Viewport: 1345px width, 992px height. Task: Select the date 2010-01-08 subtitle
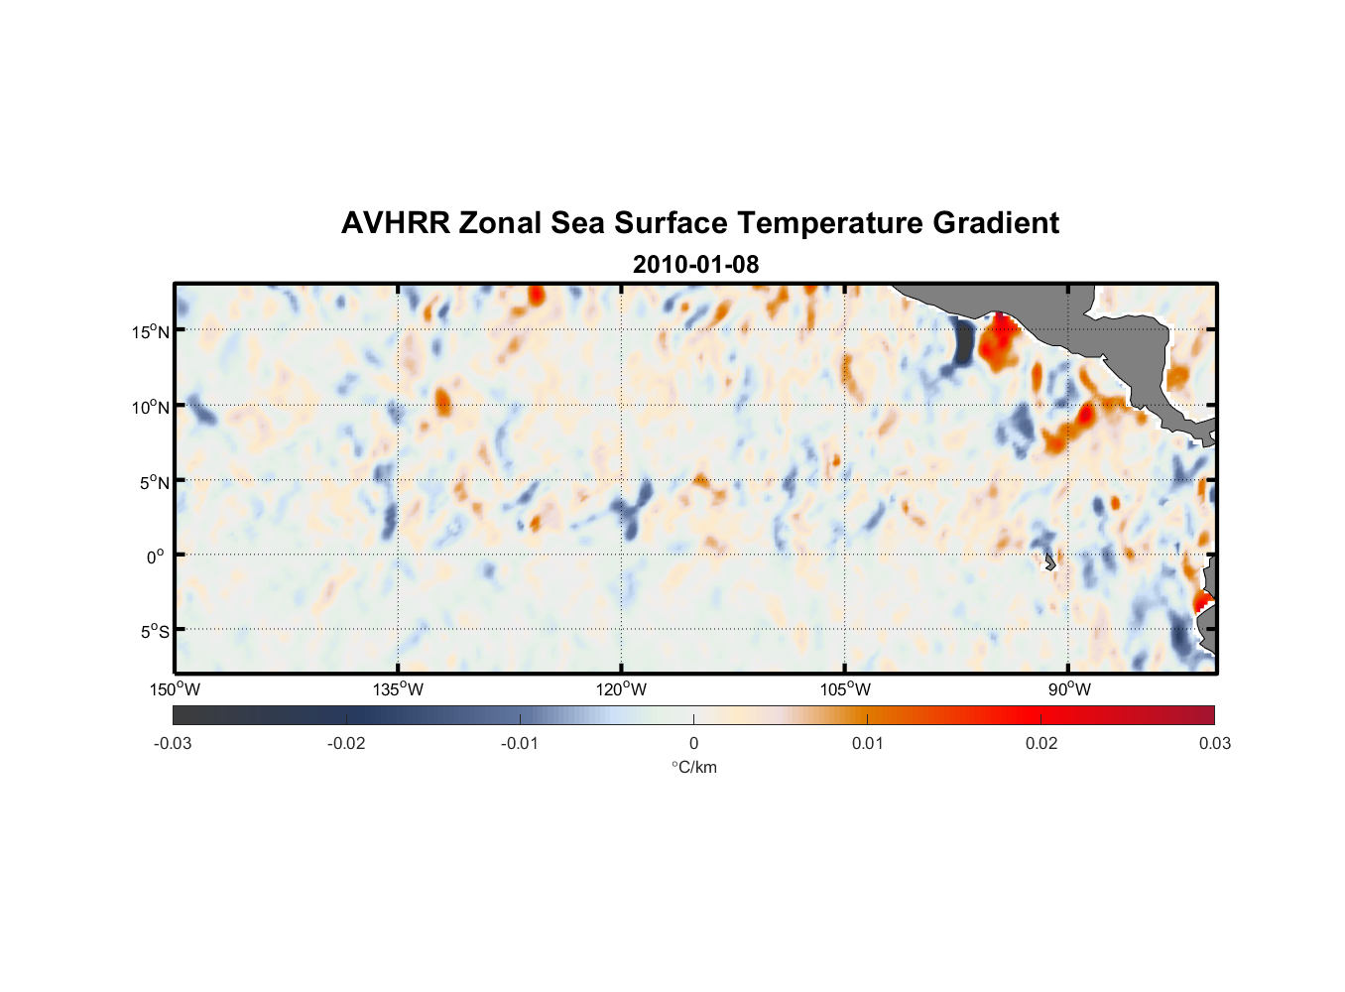(x=695, y=265)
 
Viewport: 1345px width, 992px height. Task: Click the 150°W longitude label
(x=175, y=689)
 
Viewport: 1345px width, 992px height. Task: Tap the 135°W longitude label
(x=398, y=689)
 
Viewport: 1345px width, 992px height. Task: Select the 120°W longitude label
(x=621, y=689)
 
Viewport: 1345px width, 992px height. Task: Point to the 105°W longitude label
(x=845, y=689)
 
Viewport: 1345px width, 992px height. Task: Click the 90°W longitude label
(x=1069, y=689)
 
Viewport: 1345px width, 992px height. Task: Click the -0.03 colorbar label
(x=173, y=744)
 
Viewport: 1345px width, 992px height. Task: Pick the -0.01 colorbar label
(x=520, y=744)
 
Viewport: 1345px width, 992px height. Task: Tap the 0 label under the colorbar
(x=693, y=744)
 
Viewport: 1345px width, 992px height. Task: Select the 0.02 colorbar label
(x=1041, y=744)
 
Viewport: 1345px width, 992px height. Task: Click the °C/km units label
(x=693, y=767)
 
